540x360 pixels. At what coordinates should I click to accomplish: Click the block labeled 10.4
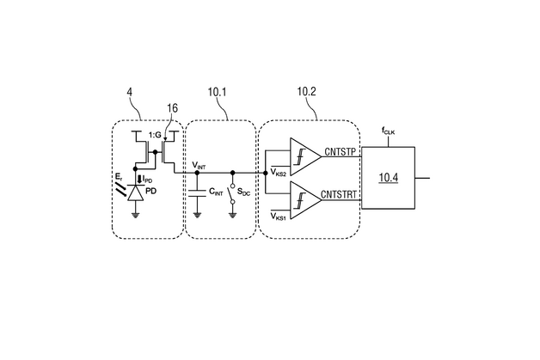(x=388, y=179)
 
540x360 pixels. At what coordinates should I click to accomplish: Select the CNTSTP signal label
(x=340, y=152)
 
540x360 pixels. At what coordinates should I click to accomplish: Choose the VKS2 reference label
(x=278, y=172)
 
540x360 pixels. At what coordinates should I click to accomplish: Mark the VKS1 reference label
(x=278, y=217)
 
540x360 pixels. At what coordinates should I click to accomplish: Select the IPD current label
(x=148, y=179)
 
